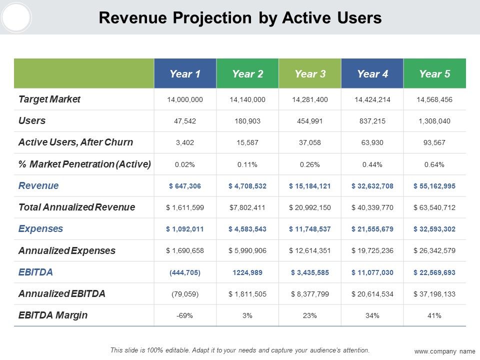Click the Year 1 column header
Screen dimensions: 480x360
coord(185,74)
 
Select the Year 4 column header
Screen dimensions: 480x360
coord(372,74)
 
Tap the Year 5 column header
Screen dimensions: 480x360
coord(434,74)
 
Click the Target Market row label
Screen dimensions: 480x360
coord(49,99)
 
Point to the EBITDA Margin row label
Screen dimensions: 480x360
coord(53,315)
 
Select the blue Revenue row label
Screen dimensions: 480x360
coord(38,185)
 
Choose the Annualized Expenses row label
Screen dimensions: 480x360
coord(67,250)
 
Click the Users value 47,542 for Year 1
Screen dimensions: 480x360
coord(185,121)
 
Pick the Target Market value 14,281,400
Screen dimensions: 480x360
coord(310,99)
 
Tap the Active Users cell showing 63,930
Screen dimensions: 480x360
coord(372,142)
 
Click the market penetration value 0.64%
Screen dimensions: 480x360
coord(434,164)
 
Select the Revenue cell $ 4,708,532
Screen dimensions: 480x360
coord(247,186)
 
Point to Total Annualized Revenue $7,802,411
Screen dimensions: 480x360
coord(247,207)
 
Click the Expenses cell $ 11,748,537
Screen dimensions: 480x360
coord(310,229)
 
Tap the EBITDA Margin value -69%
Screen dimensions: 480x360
coord(184,315)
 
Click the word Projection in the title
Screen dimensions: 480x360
coord(212,18)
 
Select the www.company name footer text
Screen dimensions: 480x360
coord(445,351)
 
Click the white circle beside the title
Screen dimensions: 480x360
coord(16,17)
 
